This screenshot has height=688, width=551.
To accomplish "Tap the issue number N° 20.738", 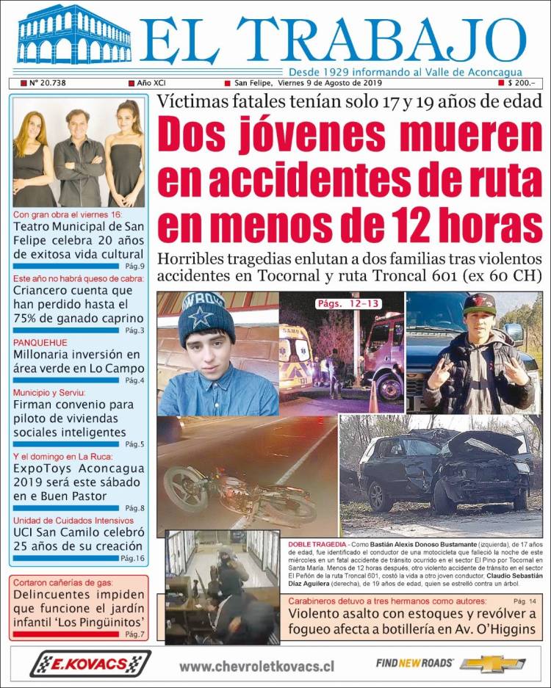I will (x=48, y=83).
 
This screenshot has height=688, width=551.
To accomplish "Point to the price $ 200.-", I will (x=521, y=83).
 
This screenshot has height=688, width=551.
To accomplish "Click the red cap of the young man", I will (x=478, y=302).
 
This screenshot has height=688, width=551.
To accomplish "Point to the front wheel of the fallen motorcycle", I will (x=184, y=488).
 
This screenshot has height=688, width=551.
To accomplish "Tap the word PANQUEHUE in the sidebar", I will (x=40, y=343).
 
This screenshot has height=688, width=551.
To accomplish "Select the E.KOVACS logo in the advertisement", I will (x=90, y=664).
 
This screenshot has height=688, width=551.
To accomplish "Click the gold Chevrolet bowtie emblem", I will (x=491, y=664).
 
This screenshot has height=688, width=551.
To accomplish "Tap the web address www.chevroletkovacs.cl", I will (x=256, y=666).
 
